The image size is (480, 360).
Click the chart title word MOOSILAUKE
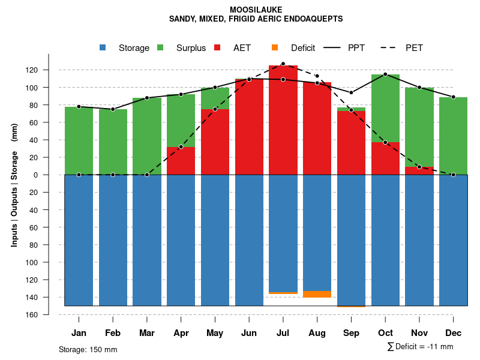click(256, 10)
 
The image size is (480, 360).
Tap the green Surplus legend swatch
click(160, 47)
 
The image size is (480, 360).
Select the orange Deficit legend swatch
click(275, 47)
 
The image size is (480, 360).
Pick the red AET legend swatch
click(217, 47)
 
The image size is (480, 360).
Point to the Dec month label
click(453, 333)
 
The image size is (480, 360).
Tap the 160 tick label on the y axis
click(49, 315)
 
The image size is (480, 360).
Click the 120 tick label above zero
click(49, 70)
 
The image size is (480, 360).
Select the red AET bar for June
click(249, 126)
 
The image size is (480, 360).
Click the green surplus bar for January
click(79, 141)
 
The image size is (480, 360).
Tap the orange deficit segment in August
click(317, 294)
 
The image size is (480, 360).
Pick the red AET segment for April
click(181, 161)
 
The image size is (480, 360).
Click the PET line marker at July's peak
click(283, 64)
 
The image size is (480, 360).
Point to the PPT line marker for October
click(385, 74)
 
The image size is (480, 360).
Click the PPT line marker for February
click(113, 109)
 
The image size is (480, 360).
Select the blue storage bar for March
click(147, 240)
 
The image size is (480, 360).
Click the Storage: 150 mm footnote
click(88, 349)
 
